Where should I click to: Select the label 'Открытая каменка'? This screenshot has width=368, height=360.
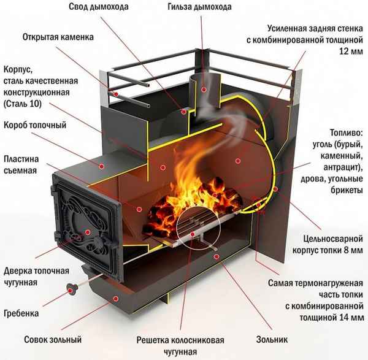(x=58, y=37)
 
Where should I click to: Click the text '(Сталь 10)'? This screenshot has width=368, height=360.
(x=28, y=104)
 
